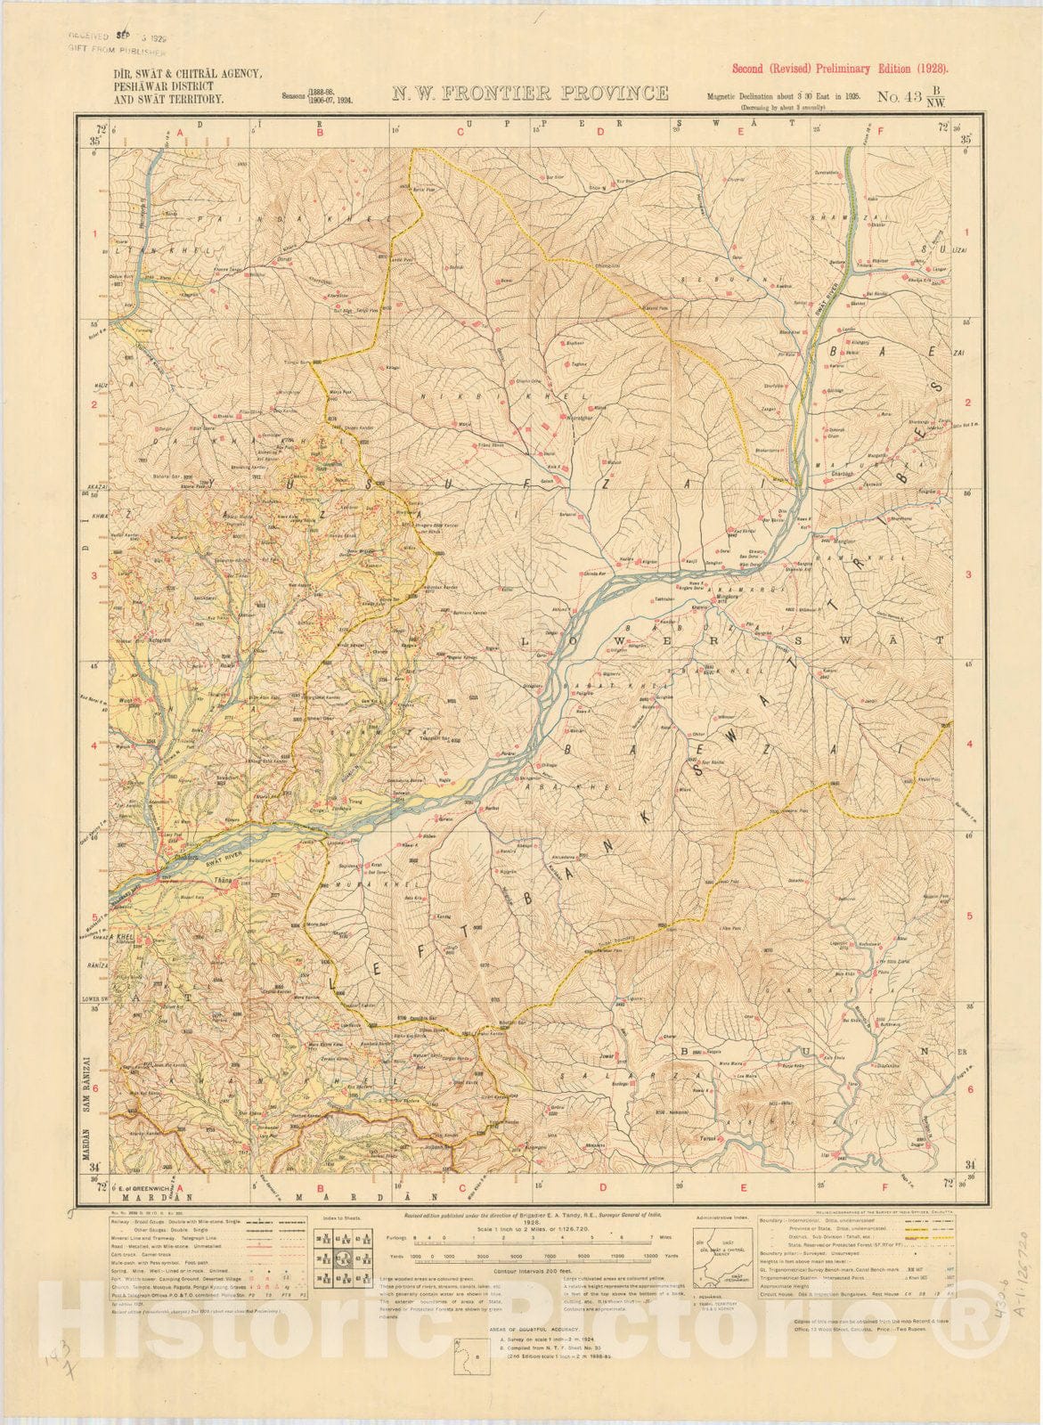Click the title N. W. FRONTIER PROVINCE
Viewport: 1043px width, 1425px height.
[531, 94]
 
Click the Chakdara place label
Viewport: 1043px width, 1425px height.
[175, 859]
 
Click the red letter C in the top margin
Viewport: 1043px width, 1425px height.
[461, 132]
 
